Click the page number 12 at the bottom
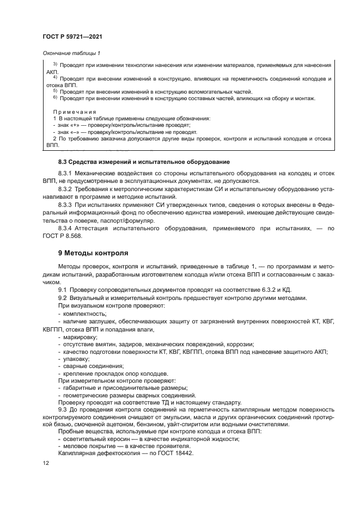(45, 463)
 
